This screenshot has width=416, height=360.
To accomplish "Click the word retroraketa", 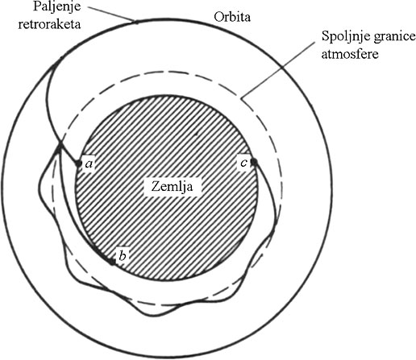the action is pos(49,24).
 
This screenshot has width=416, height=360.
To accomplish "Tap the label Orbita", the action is pos(232,17).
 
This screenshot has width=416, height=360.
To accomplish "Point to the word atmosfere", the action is pos(350,54).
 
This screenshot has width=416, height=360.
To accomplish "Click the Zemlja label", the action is pos(172,186).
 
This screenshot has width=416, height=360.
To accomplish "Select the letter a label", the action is pos(89,163).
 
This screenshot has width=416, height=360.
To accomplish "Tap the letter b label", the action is pos(123,255).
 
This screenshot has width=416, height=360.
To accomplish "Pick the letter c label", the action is pos(243,163).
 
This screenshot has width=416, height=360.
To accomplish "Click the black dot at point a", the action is pos(77,163).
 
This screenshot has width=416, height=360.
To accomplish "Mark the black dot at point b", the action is pos(112,263).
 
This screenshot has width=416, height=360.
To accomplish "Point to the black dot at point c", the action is pos(254,162).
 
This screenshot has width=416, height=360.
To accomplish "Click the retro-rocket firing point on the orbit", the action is pos(136,22).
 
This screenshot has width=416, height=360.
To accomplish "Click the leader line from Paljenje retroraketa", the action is pos(112,14).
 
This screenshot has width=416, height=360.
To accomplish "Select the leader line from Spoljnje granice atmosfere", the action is pos(278,71).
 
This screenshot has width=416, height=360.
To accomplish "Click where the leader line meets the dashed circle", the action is pos(242,99).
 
